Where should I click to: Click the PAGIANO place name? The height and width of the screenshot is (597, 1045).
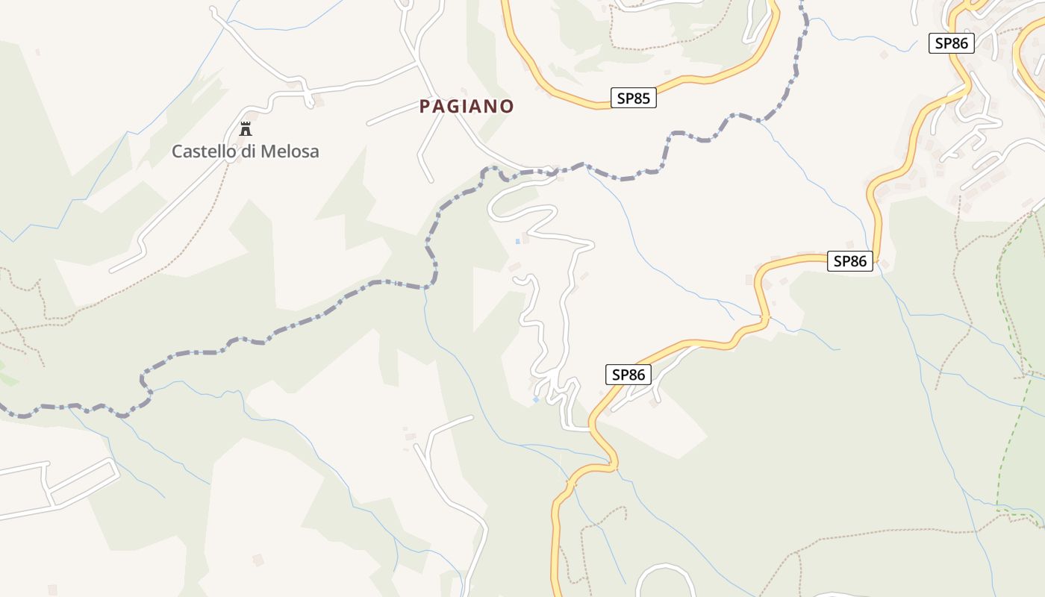point(467,107)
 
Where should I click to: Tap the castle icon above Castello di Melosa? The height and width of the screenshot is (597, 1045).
point(245,129)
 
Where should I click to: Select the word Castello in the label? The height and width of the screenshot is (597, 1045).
point(204,151)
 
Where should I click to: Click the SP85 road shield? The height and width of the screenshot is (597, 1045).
point(633,98)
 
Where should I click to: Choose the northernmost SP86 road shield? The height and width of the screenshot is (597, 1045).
point(952,43)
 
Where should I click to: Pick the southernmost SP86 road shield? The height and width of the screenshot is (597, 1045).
point(628,375)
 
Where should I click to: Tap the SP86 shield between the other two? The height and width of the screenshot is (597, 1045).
point(849,261)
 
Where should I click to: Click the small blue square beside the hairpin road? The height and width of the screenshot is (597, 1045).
point(517,241)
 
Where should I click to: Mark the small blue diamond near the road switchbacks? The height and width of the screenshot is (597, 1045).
point(535,400)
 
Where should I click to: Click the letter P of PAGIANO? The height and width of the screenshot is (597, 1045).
point(425,107)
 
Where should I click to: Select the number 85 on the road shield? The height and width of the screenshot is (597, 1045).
point(641,98)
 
